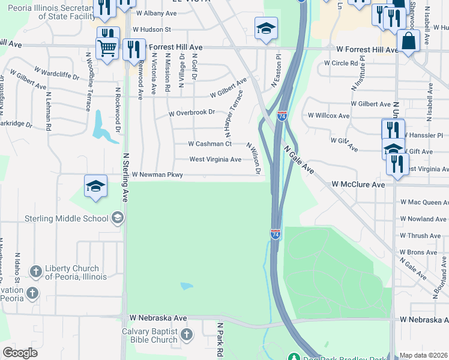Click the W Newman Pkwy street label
[157, 175]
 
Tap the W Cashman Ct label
[209, 144]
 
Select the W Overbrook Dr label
[191, 113]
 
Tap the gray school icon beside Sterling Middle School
[118, 217]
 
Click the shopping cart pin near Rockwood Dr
[107, 47]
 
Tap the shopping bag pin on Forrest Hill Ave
[408, 42]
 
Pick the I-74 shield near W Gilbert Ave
[282, 115]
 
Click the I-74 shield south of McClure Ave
[276, 233]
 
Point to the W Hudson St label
[152, 29]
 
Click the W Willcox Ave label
[328, 115]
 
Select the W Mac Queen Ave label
[424, 203]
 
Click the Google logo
[20, 353]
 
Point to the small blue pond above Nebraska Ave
[186, 286]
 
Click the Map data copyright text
[423, 355]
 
